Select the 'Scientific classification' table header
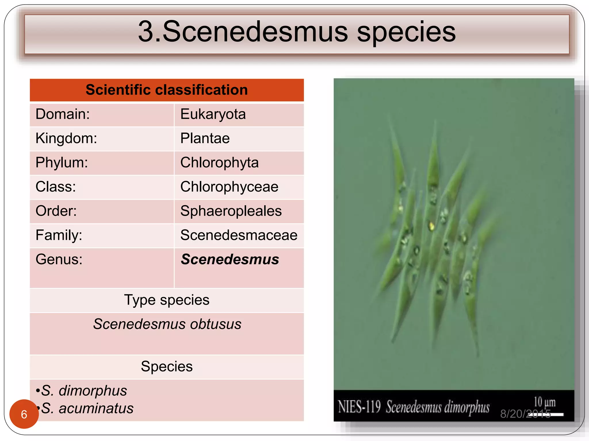pos(167,90)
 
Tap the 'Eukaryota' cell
pos(213,114)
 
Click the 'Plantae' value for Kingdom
pos(205,138)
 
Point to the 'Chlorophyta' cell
pos(219,163)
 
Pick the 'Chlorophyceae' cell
pos(229,187)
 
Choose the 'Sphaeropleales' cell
pos(231,211)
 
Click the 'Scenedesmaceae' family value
pos(239,235)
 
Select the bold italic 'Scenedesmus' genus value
pos(230,259)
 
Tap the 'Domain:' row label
pos(63,114)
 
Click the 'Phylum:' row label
pos(62,163)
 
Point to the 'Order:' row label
pos(56,211)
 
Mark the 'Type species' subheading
pos(167,300)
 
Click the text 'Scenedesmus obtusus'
pos(167,324)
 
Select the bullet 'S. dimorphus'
pos(84,391)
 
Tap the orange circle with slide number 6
pos(24,414)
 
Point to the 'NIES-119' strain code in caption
pos(359,407)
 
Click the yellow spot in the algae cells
pos(431,226)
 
